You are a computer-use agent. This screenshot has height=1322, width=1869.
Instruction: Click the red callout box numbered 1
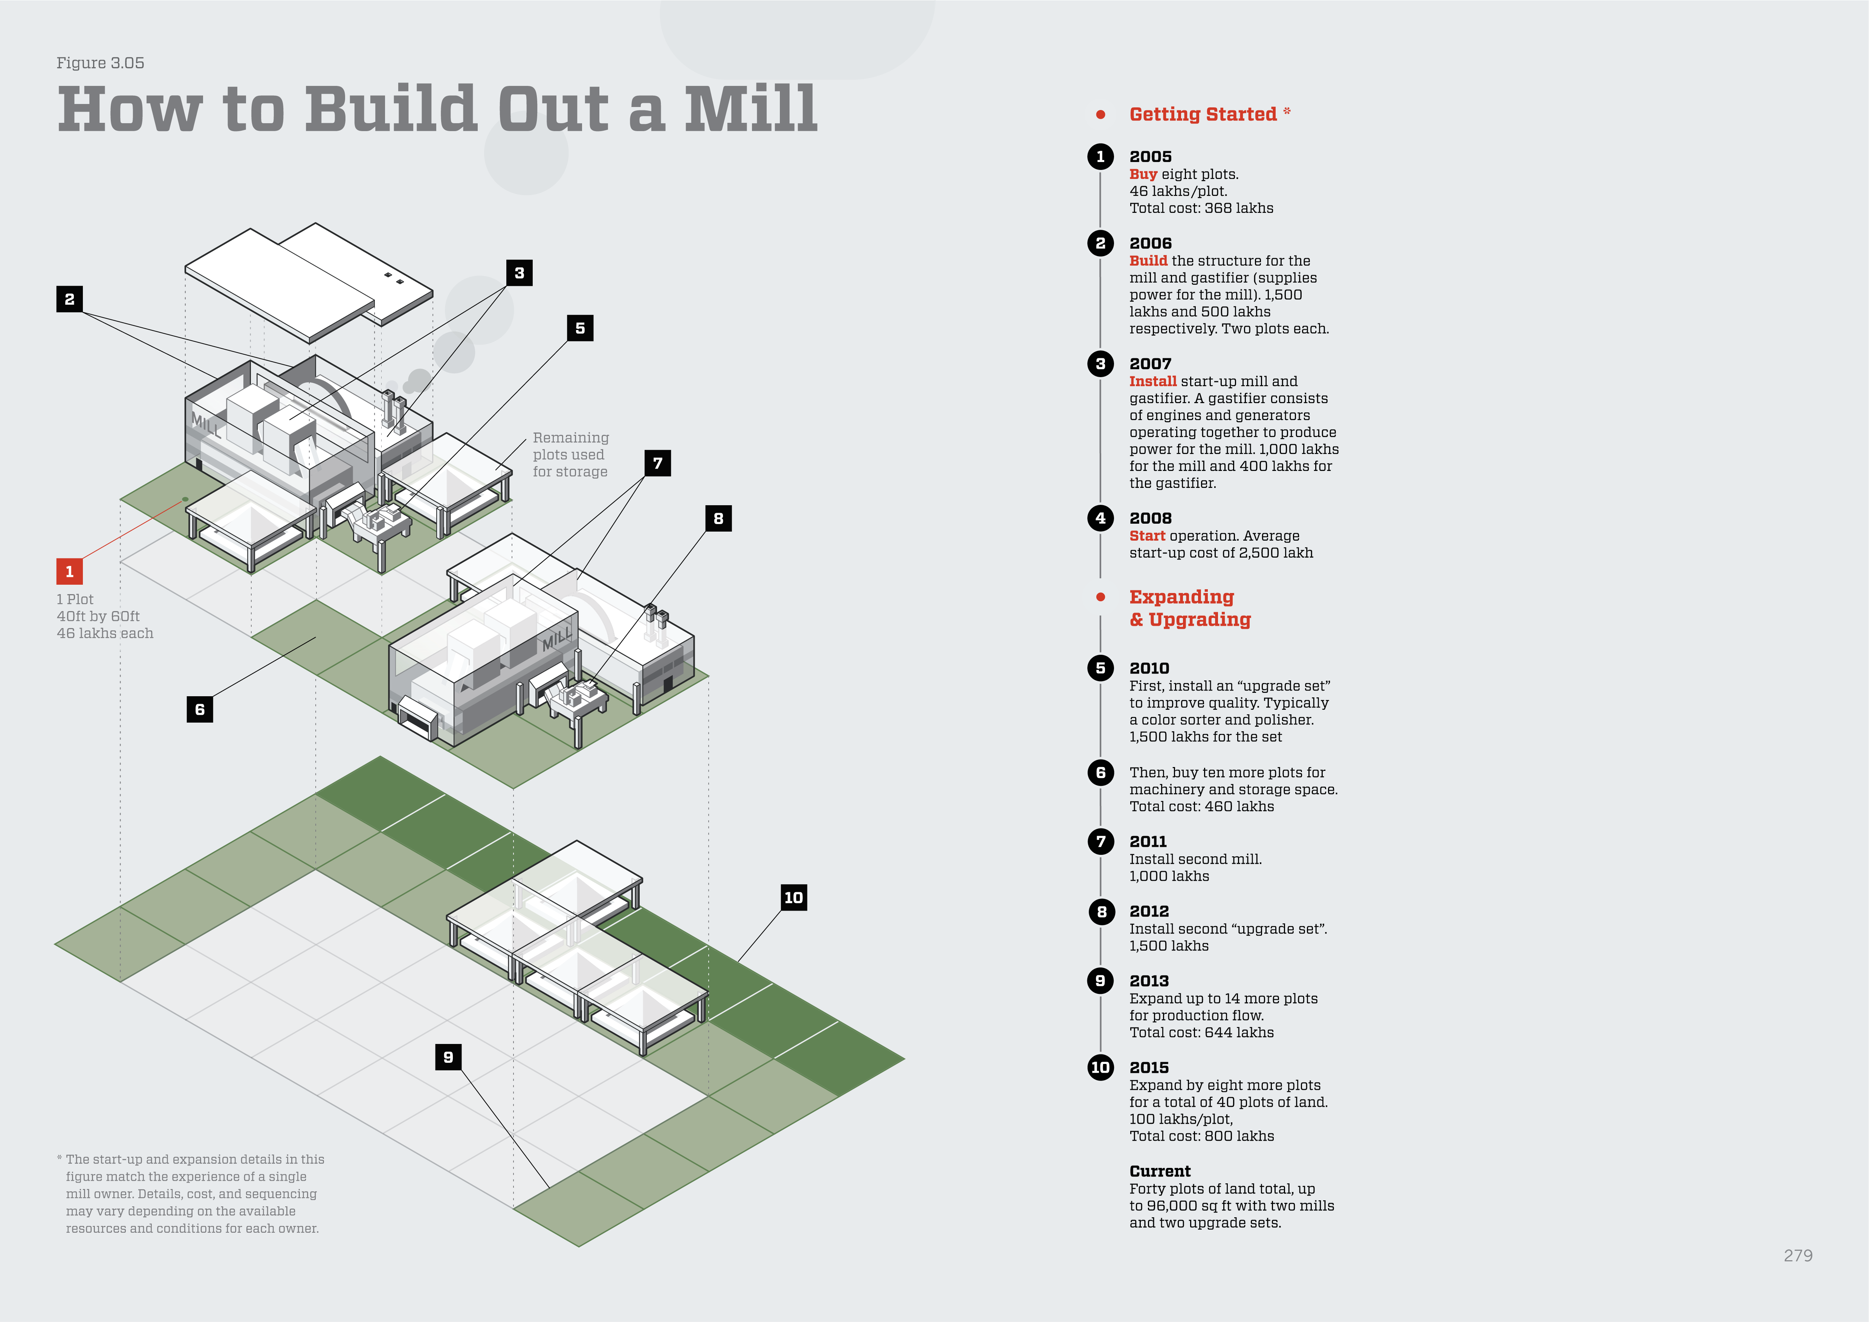pos(69,572)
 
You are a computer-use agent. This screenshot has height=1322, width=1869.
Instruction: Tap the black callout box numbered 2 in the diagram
pos(69,299)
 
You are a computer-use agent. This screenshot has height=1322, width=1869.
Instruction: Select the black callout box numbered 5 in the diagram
pos(579,328)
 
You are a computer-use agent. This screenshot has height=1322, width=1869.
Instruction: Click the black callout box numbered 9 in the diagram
pos(448,1057)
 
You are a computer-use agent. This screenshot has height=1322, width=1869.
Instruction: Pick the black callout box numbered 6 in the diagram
pos(199,709)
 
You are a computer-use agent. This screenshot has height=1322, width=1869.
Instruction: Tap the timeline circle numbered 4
pos(1100,518)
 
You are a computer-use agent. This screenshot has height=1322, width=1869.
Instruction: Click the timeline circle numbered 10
pos(1100,1067)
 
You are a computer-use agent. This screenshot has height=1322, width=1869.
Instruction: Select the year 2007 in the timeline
pos(1150,364)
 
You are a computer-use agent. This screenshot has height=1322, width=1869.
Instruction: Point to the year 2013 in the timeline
pos(1149,981)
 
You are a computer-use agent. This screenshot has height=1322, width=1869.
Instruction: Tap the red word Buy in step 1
pos(1143,174)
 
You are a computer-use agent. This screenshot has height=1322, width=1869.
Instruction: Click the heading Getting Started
pos(1202,114)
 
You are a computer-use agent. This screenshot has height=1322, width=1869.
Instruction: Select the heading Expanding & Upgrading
pos(1189,608)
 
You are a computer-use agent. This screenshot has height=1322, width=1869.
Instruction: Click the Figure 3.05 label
pos(100,63)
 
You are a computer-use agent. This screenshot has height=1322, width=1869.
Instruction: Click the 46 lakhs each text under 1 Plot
pos(105,633)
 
